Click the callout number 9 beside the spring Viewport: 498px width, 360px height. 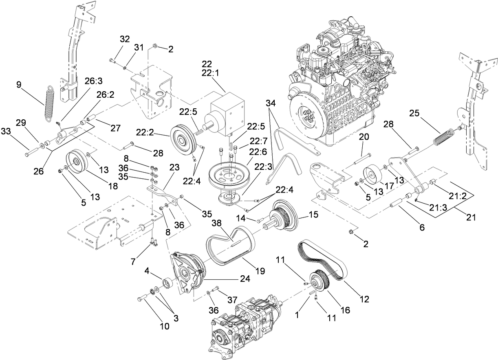[18, 85]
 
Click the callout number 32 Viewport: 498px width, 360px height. [125, 40]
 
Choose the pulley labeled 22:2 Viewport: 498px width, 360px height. [183, 138]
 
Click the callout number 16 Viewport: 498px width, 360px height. [345, 310]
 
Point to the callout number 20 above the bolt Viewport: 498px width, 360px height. [364, 137]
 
